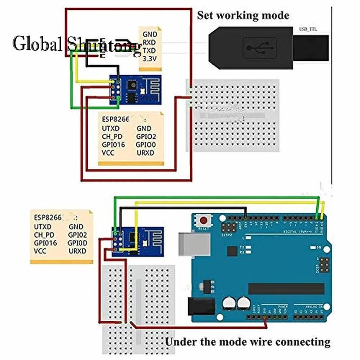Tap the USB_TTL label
pos(308,29)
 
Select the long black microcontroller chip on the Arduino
pos(286,289)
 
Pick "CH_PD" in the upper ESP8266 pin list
pos(112,137)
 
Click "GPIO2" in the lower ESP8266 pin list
pos(77,235)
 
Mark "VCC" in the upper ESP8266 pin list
pos(109,153)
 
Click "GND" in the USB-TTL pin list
pos(150,34)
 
